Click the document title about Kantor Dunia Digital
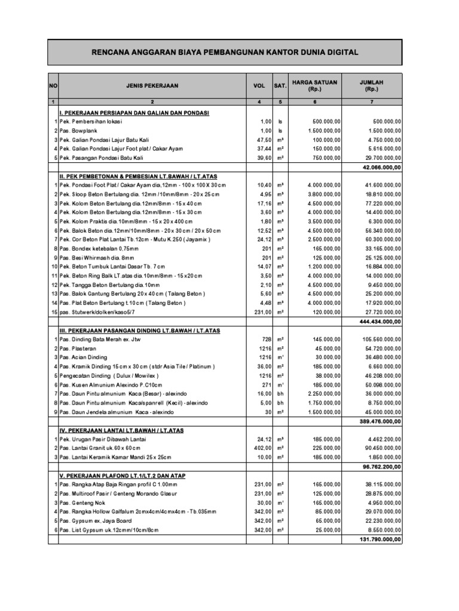pyautogui.click(x=224, y=53)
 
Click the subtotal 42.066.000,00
pyautogui.click(x=381, y=167)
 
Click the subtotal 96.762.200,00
pyautogui.click(x=380, y=467)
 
